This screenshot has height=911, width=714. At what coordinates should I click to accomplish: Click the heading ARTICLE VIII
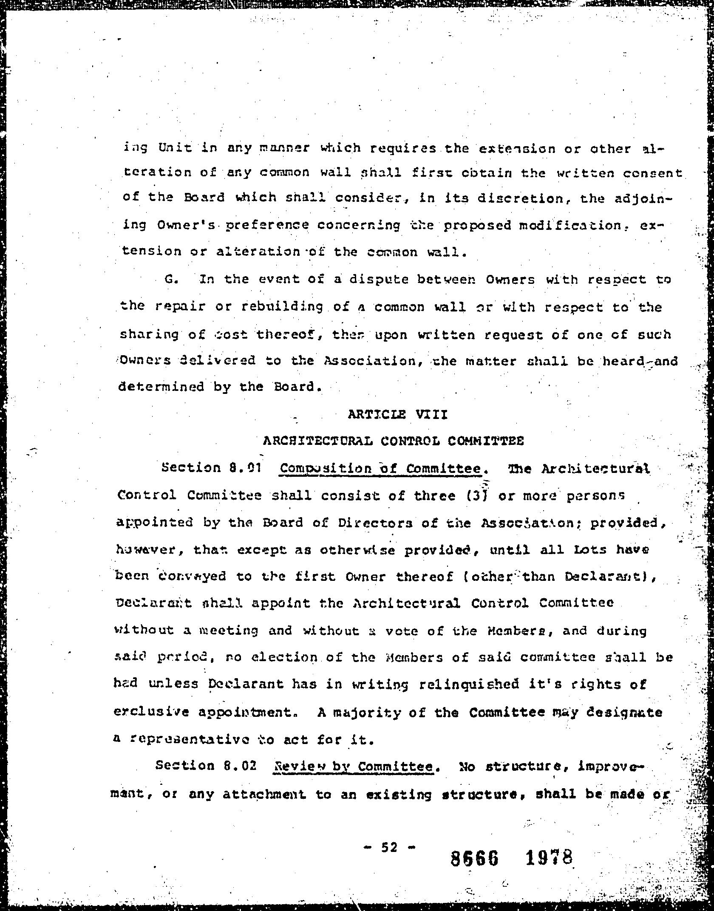(397, 414)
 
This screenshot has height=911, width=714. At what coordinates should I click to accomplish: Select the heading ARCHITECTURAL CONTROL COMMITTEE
(393, 441)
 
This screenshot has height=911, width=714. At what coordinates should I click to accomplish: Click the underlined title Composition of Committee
(380, 469)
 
